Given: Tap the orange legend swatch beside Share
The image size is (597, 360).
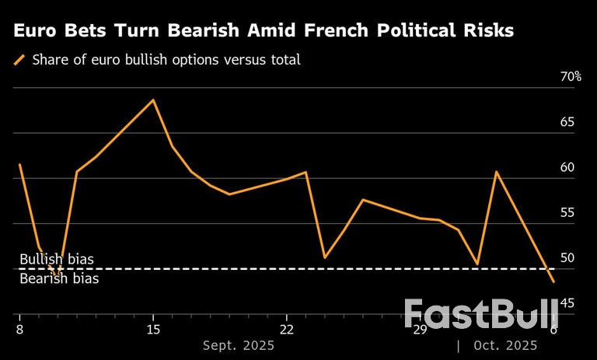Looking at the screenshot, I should (19, 60).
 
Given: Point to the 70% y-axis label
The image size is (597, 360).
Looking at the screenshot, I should (571, 77).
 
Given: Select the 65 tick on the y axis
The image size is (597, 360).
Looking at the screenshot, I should (567, 122).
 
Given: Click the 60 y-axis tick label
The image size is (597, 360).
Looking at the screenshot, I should (567, 167).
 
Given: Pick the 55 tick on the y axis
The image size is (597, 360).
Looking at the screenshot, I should (567, 212).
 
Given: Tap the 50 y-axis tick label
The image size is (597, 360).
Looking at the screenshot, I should (567, 257).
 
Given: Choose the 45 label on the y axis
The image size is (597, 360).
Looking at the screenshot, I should (567, 302).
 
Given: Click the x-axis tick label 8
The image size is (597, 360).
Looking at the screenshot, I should (19, 329).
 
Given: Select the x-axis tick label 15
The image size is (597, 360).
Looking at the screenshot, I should (153, 329).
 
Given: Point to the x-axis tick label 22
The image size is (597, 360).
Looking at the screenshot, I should (286, 329).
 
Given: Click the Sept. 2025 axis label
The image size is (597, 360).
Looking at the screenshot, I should (239, 345).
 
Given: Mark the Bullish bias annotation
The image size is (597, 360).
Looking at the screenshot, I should (56, 259).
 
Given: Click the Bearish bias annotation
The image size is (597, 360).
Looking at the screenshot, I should (58, 278).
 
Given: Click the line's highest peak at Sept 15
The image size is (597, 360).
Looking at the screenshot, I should (153, 100).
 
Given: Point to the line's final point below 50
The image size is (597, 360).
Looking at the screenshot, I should (553, 281).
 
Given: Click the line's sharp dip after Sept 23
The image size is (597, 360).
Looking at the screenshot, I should (325, 257).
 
